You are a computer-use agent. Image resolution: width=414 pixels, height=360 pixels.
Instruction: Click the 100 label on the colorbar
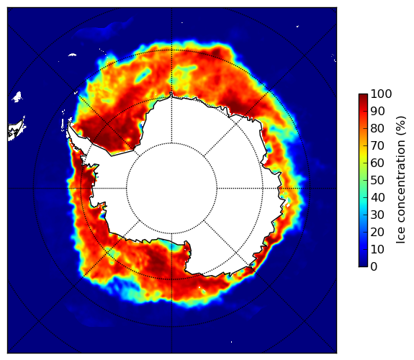[x=382, y=94]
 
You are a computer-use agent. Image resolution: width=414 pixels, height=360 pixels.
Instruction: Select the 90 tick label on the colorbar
[x=377, y=111]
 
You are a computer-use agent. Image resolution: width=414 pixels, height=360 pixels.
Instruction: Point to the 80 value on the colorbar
[x=377, y=128]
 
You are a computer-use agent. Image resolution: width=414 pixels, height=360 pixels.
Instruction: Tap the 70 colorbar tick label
[x=377, y=145]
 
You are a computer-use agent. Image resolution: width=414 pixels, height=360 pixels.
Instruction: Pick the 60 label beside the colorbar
[x=377, y=163]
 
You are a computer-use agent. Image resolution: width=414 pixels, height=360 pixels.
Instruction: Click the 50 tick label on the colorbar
[x=377, y=180]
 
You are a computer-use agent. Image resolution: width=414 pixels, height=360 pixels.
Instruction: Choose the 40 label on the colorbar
[x=377, y=197]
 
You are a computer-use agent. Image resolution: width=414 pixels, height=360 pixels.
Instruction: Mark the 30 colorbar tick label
[x=377, y=215]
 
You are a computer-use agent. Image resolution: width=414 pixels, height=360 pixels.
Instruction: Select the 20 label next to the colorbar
[x=377, y=232]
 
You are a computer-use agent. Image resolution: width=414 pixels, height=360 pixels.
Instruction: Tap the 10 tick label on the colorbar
[x=377, y=249]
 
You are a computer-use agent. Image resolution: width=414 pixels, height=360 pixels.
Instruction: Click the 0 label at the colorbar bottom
[x=374, y=266]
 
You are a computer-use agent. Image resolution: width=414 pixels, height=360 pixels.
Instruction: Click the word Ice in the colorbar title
[x=400, y=237]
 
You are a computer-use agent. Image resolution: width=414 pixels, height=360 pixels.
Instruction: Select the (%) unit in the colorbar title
[x=400, y=126]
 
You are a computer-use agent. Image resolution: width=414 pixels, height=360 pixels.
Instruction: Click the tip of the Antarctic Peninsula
[x=69, y=123]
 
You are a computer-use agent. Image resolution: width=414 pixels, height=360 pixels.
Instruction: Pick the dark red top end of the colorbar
[x=363, y=96]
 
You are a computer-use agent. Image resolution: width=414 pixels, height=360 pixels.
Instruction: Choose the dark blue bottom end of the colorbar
[x=363, y=264]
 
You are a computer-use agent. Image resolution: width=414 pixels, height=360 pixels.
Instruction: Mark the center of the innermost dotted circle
[x=171, y=188]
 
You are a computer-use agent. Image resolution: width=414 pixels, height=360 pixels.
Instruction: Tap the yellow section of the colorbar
[x=363, y=158]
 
